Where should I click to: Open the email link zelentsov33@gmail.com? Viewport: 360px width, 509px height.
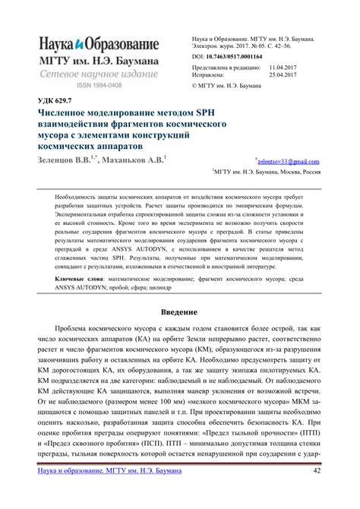pyautogui.click(x=289, y=162)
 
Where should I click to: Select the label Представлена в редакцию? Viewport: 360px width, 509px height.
pyautogui.click(x=226, y=67)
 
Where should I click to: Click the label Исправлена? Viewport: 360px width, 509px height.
pyautogui.click(x=212, y=75)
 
